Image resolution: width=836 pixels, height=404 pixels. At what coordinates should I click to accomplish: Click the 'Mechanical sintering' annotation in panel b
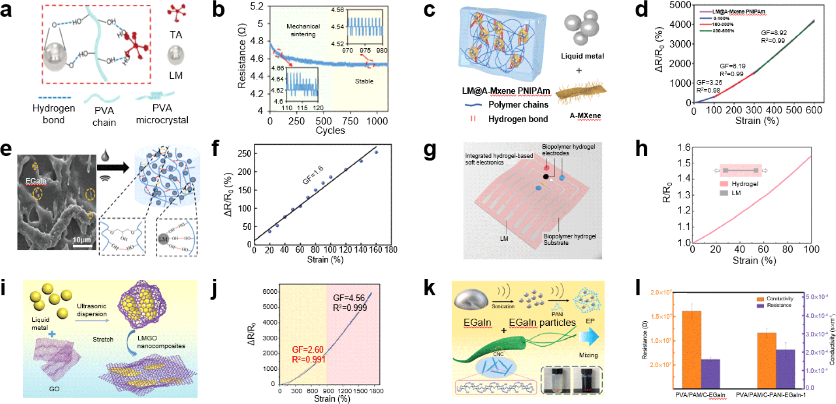point(303,30)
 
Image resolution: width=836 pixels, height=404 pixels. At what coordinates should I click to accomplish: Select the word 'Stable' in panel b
point(364,81)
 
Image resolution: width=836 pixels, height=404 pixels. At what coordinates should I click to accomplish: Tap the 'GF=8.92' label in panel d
point(774,33)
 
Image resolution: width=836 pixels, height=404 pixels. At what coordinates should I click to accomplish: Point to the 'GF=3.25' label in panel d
point(709,82)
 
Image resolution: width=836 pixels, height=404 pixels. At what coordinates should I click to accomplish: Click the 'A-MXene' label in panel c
point(585,116)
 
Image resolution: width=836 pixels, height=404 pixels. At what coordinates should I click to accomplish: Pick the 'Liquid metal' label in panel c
point(582,56)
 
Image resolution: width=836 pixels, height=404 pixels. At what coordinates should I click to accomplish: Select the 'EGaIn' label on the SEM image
point(36,181)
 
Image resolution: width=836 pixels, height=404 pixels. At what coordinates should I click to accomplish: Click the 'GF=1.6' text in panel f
point(313,175)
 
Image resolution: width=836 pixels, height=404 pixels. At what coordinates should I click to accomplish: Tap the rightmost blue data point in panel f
point(376,152)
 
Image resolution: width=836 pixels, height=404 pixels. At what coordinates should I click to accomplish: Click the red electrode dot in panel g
point(546,168)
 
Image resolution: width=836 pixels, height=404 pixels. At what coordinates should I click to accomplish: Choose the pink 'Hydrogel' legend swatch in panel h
point(724,184)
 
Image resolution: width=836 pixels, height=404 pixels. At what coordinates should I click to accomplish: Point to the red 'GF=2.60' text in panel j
point(308,350)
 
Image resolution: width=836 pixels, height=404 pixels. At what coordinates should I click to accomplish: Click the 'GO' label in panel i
point(54,389)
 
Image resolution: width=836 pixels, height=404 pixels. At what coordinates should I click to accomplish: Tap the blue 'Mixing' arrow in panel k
point(588,337)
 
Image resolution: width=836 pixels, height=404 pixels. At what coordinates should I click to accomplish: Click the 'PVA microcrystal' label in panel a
point(162,114)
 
